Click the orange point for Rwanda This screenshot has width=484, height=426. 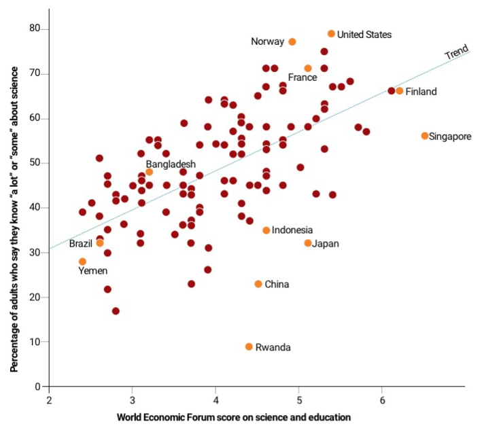pos(249,347)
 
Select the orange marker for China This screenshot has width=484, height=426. pos(258,284)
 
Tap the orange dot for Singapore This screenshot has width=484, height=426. pos(425,136)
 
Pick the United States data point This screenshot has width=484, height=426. pos(331,34)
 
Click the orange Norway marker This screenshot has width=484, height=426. pos(292,42)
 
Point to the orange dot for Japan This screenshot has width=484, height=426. pos(308,243)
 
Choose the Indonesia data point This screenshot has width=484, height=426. pos(266,230)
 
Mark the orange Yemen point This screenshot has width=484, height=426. pos(83,262)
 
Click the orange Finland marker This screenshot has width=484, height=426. pos(400,91)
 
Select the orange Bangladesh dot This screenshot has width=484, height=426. pos(150,172)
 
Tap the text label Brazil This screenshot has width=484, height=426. pos(80,243)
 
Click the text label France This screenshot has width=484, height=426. pos(302,77)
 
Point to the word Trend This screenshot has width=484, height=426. pos(456,53)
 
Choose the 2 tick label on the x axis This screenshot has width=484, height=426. pos(49,398)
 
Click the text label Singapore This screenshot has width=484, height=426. pos(450,137)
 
